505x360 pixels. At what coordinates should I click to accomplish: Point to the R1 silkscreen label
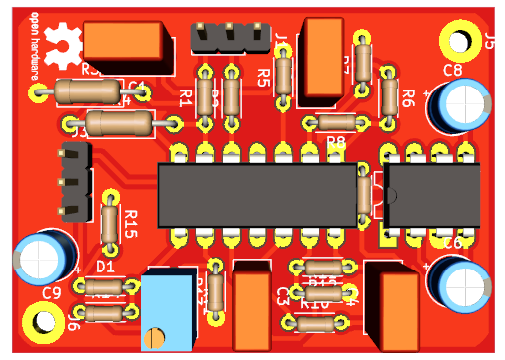click(x=186, y=97)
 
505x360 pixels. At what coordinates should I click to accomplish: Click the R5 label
click(x=263, y=77)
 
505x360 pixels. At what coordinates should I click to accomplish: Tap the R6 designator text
click(x=406, y=97)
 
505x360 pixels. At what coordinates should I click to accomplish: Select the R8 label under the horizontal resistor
click(x=336, y=142)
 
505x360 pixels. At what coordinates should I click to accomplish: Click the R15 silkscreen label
click(x=130, y=224)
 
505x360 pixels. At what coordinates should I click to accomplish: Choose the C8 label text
click(x=452, y=70)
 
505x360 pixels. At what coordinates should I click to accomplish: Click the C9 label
click(x=53, y=292)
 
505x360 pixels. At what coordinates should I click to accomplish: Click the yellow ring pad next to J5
click(x=459, y=41)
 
